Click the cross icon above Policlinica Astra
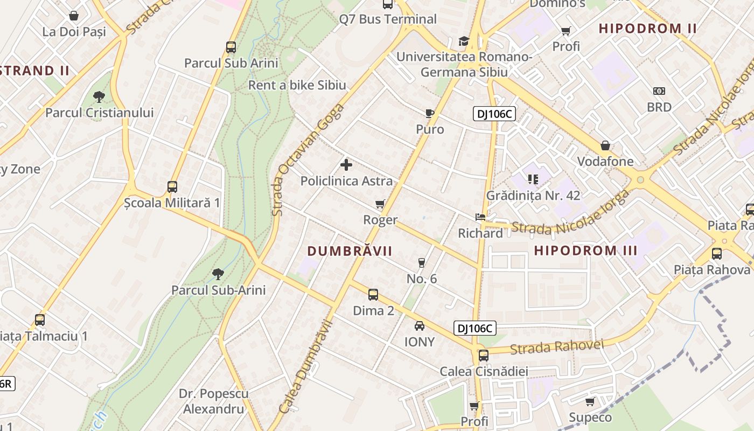tap(346, 165)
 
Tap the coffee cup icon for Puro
tap(429, 113)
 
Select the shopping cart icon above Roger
tap(380, 204)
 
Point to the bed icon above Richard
tap(480, 217)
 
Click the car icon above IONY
tap(419, 326)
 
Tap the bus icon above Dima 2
tap(373, 295)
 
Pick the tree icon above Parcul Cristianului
tap(99, 97)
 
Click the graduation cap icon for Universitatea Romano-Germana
tap(464, 41)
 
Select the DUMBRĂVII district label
tap(350, 251)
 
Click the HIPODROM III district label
tap(586, 251)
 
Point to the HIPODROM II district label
tap(648, 29)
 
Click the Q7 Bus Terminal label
tap(388, 19)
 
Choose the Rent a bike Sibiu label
tap(297, 85)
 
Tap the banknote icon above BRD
tap(659, 91)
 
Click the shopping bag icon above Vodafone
tap(605, 145)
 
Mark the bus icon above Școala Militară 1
tap(172, 187)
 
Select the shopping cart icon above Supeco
tap(590, 401)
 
